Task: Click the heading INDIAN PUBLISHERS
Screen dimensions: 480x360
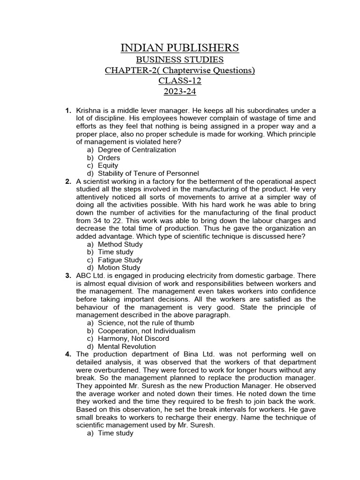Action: pyautogui.click(x=180, y=48)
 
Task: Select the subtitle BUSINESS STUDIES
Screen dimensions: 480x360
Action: pyautogui.click(x=180, y=60)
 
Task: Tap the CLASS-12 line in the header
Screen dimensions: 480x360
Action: pyautogui.click(x=180, y=81)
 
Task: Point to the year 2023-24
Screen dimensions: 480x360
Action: pyautogui.click(x=180, y=91)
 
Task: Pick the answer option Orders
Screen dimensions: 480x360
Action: pyautogui.click(x=109, y=158)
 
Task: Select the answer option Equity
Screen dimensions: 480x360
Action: pyautogui.click(x=108, y=165)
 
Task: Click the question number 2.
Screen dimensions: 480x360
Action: pyautogui.click(x=68, y=181)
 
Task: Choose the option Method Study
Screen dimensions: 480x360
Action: pyautogui.click(x=120, y=244)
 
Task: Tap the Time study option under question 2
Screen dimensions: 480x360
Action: pyautogui.click(x=116, y=252)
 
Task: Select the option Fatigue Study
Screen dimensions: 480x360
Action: pyautogui.click(x=120, y=260)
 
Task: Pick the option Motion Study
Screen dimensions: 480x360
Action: pyautogui.click(x=119, y=268)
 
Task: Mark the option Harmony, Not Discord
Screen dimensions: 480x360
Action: pyautogui.click(x=134, y=338)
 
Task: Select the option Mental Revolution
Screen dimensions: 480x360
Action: pyautogui.click(x=127, y=346)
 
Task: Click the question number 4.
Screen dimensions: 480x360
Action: pyautogui.click(x=68, y=354)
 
